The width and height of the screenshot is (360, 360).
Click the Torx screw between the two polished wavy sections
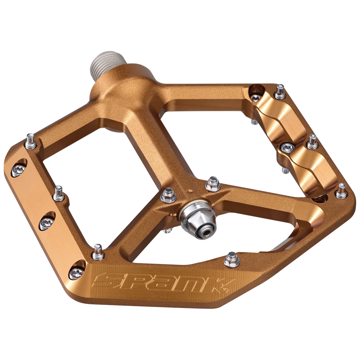click(x=286, y=146)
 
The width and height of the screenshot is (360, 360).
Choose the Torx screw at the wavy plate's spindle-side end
click(x=256, y=98)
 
